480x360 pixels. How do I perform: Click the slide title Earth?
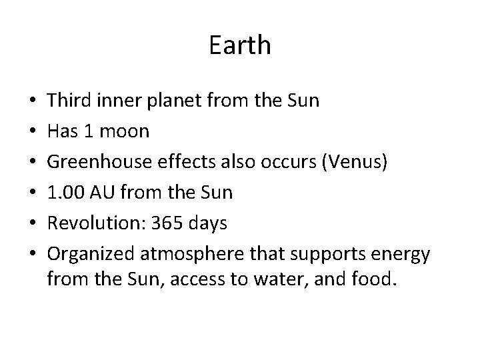pos(240,45)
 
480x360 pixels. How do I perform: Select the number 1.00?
pos(66,193)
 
